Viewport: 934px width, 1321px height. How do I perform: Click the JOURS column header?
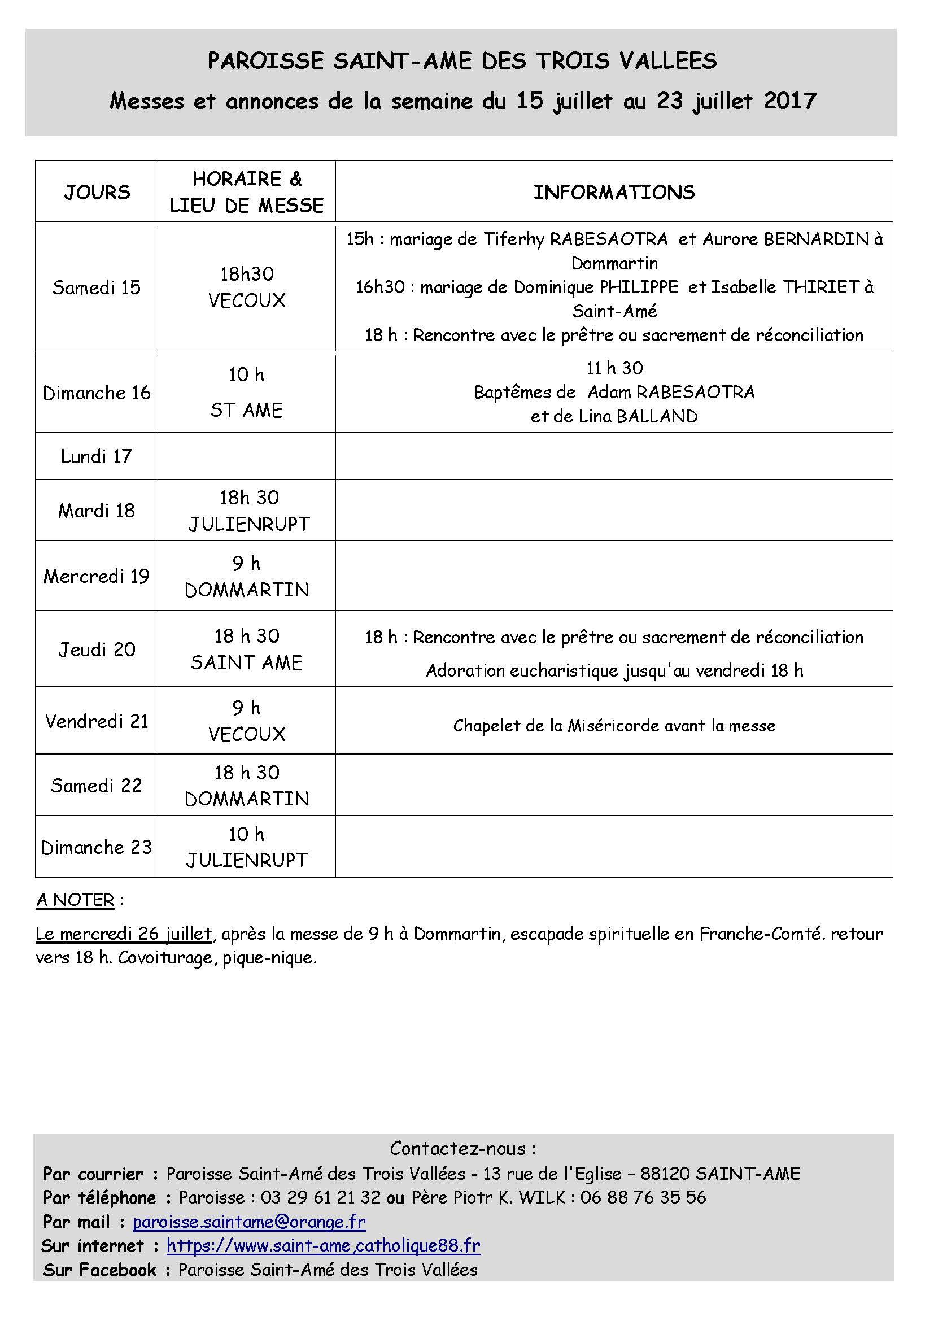pyautogui.click(x=97, y=192)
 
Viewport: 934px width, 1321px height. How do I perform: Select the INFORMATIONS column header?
pyautogui.click(x=614, y=192)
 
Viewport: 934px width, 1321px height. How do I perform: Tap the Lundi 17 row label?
pyautogui.click(x=97, y=456)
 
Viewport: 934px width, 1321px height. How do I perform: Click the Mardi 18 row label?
pyautogui.click(x=97, y=511)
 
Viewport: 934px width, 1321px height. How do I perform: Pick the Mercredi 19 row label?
pyautogui.click(x=97, y=576)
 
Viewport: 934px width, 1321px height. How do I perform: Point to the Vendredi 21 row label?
pyautogui.click(x=97, y=721)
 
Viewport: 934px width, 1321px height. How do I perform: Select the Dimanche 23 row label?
pyautogui.click(x=97, y=847)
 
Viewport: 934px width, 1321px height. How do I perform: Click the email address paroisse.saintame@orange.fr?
pyautogui.click(x=249, y=1221)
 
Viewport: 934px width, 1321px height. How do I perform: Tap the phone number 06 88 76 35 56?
pyautogui.click(x=643, y=1197)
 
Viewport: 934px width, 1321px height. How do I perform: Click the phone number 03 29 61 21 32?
pyautogui.click(x=320, y=1197)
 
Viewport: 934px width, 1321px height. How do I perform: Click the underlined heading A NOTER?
pyautogui.click(x=75, y=900)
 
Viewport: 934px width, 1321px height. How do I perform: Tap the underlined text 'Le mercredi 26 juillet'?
pyautogui.click(x=124, y=933)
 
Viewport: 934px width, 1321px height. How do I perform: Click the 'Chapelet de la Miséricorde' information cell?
pyautogui.click(x=614, y=726)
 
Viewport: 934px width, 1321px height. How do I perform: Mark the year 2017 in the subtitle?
pyautogui.click(x=789, y=101)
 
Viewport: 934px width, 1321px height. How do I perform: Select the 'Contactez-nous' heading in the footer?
pyautogui.click(x=463, y=1148)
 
